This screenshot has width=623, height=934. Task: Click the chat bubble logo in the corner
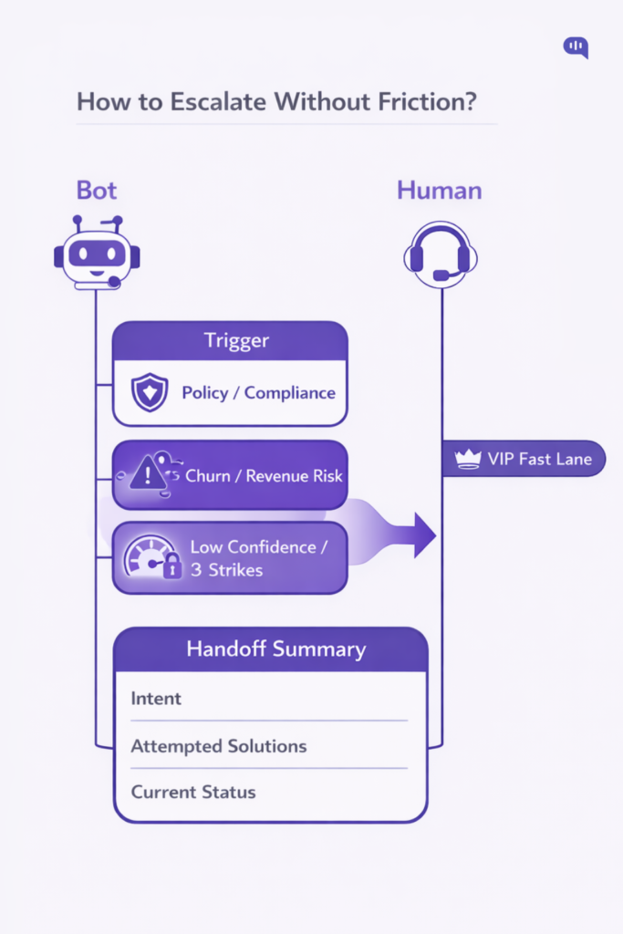576,47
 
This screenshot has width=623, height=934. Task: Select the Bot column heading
97,191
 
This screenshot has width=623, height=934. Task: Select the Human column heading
439,191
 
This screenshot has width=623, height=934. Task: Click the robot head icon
97,254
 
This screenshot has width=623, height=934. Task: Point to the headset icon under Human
441,254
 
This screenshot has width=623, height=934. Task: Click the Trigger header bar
230,340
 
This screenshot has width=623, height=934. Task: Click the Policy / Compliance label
258,393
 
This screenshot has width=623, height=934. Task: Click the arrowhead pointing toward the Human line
423,535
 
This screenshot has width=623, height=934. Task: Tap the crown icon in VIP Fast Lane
468,460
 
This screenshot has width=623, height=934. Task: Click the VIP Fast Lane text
540,459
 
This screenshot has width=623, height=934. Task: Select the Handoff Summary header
275,649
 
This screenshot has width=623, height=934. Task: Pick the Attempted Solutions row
219,746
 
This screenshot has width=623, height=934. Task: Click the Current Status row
193,792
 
